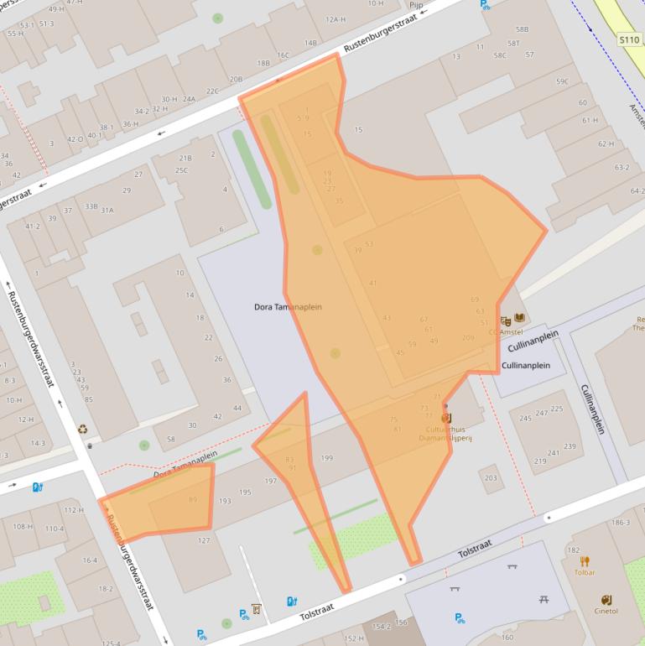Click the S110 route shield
[629, 39]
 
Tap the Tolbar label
[585, 572]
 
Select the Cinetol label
[606, 611]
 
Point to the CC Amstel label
[505, 332]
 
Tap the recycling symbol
[83, 430]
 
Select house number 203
[491, 478]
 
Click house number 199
[327, 458]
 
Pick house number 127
[204, 540]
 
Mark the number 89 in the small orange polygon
[193, 500]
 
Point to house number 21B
[185, 158]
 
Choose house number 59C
[562, 81]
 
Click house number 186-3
[621, 523]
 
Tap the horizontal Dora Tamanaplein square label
[288, 307]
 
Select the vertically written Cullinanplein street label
[593, 409]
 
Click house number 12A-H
[335, 19]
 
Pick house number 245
[525, 418]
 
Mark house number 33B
[91, 206]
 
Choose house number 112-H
[74, 510]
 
